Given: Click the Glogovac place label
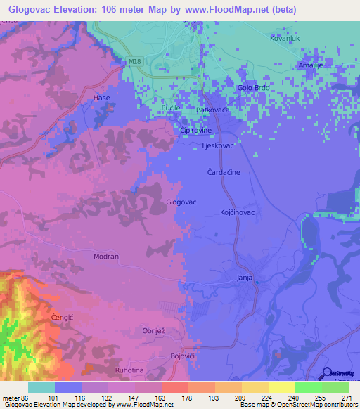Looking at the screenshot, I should (x=180, y=202).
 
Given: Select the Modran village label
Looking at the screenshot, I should (x=106, y=257).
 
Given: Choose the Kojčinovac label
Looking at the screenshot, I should (x=237, y=212).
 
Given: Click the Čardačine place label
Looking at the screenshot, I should (x=224, y=171).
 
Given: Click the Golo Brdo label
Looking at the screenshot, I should (x=254, y=88).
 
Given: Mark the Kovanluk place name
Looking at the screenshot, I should (x=285, y=38).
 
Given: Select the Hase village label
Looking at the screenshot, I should (x=103, y=98).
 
